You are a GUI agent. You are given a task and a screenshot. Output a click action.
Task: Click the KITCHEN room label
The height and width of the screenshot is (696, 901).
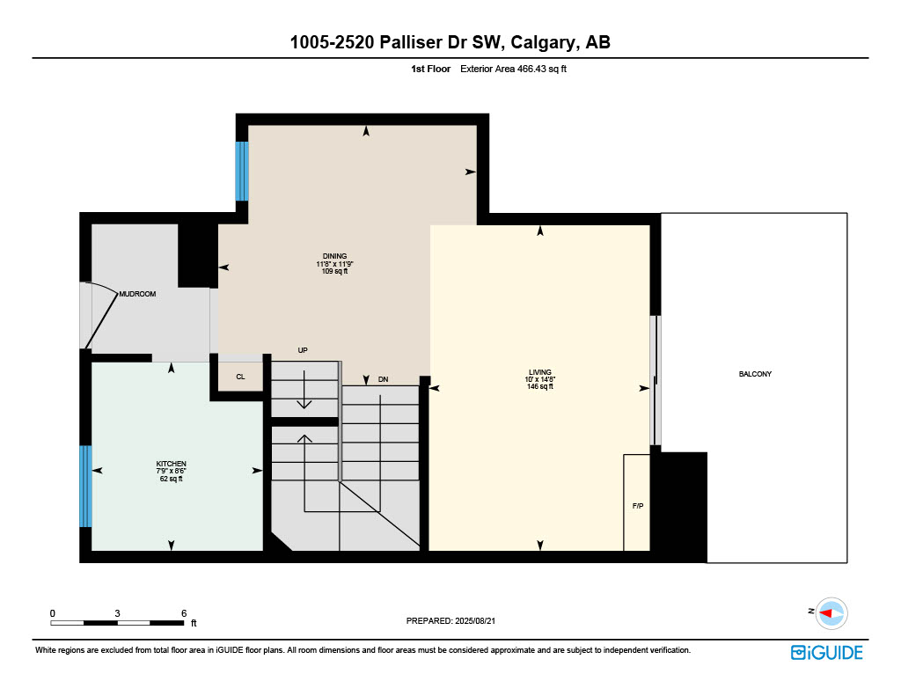pyautogui.click(x=172, y=464)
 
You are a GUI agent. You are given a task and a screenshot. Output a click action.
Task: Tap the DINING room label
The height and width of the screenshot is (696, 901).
pyautogui.click(x=334, y=256)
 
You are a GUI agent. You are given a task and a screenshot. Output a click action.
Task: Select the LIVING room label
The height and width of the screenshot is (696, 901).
pyautogui.click(x=539, y=372)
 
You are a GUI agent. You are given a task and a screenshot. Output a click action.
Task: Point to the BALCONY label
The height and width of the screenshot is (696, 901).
pyautogui.click(x=755, y=374)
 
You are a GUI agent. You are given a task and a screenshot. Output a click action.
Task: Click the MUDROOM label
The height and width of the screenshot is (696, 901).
pyautogui.click(x=137, y=294)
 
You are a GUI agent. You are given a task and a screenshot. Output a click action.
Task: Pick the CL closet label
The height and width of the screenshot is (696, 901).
pyautogui.click(x=240, y=377)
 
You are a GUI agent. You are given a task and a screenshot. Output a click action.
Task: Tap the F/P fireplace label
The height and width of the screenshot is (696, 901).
pyautogui.click(x=638, y=507)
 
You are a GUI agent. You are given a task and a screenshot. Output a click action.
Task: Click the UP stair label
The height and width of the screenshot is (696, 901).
pyautogui.click(x=303, y=350)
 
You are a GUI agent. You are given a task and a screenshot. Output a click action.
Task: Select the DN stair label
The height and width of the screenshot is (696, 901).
pyautogui.click(x=383, y=379)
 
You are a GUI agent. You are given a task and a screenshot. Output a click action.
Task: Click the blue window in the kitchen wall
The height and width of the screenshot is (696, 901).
pyautogui.click(x=85, y=486)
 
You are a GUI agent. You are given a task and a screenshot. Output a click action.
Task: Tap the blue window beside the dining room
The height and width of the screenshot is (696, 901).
pyautogui.click(x=242, y=171)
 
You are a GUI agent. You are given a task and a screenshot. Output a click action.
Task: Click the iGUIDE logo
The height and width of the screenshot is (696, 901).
pyautogui.click(x=826, y=652)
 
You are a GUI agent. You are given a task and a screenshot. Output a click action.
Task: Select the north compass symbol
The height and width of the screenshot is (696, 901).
pyautogui.click(x=830, y=612)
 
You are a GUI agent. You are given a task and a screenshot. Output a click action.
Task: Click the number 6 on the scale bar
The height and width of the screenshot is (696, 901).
pyautogui.click(x=183, y=612)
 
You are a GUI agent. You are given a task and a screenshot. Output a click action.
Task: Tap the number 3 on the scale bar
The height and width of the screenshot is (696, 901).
pyautogui.click(x=117, y=612)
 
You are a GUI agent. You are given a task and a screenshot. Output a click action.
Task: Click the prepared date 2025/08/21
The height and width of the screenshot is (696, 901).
pyautogui.click(x=457, y=620)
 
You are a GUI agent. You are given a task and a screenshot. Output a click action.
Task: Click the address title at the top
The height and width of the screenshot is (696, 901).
pyautogui.click(x=450, y=41)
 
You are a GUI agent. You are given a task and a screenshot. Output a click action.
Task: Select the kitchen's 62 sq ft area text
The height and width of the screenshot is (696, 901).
pyautogui.click(x=172, y=479)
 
